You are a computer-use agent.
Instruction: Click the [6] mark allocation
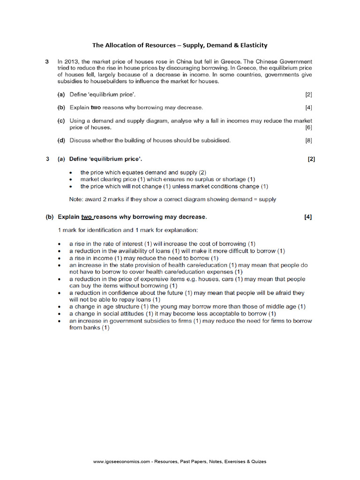(308, 127)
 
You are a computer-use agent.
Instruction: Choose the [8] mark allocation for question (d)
(308, 140)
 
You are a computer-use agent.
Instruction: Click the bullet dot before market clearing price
(70, 180)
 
